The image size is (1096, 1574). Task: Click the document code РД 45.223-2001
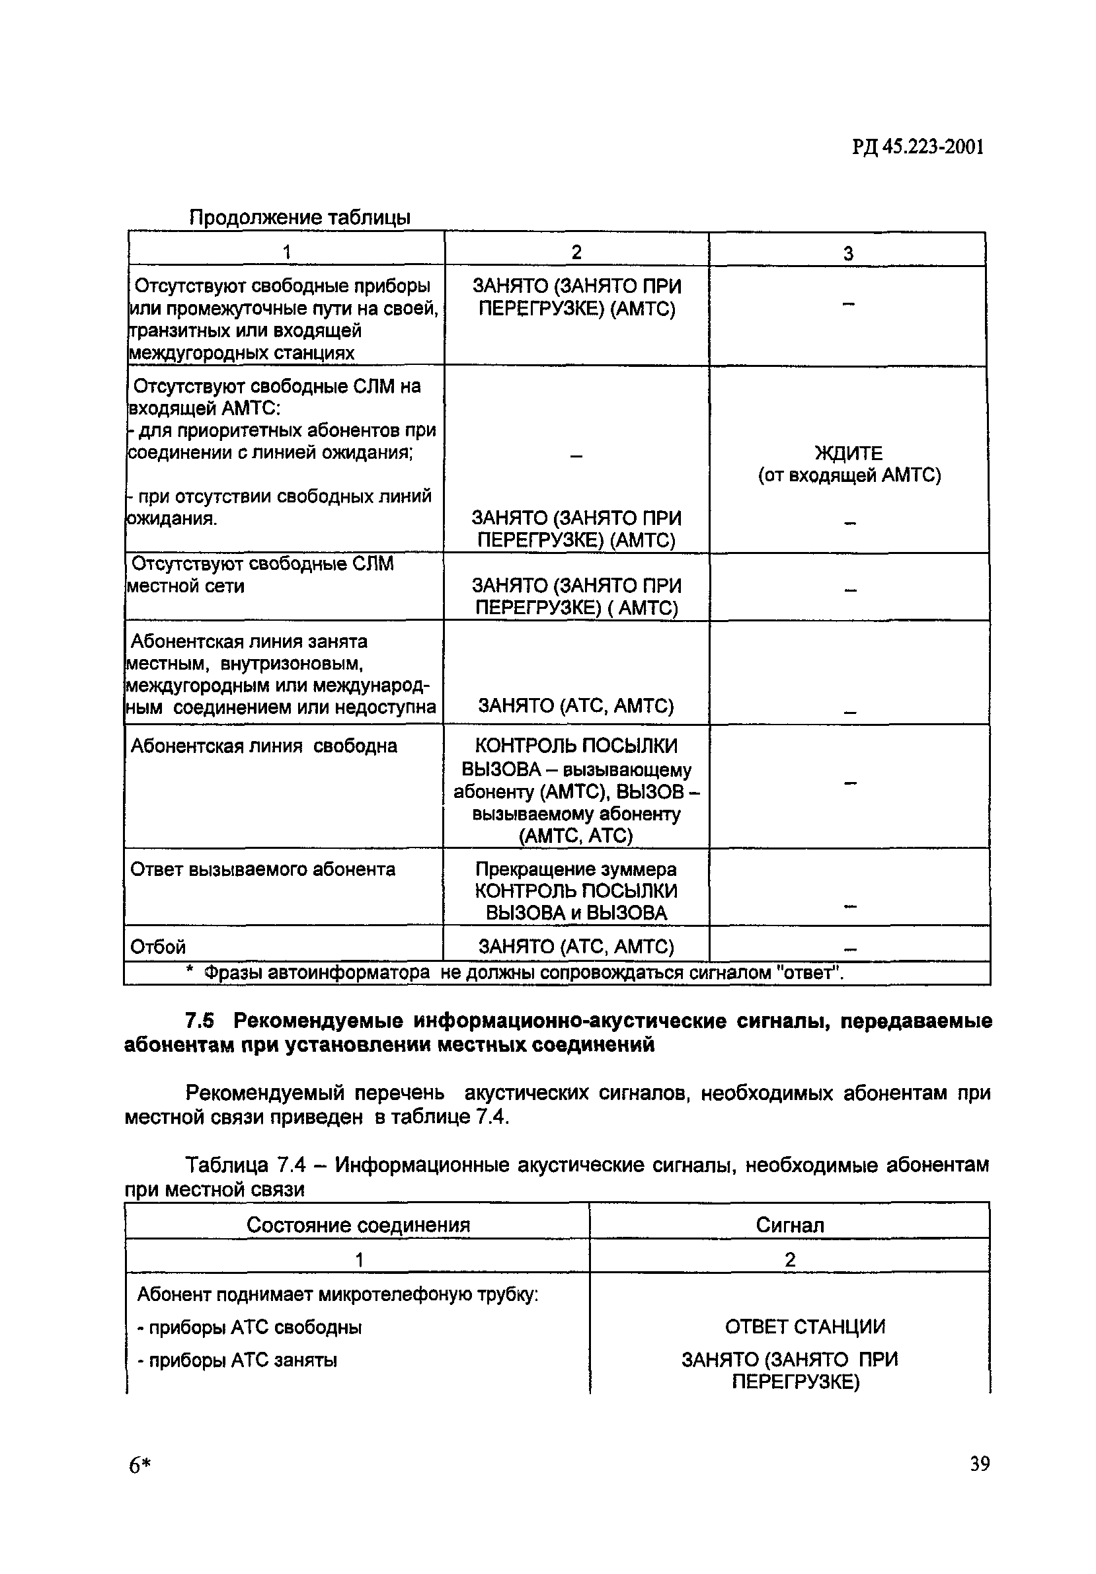(x=918, y=147)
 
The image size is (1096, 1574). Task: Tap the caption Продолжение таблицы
(x=299, y=217)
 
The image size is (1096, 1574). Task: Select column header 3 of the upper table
(x=848, y=254)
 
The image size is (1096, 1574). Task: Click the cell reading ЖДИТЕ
(x=849, y=453)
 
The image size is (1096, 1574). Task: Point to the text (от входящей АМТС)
(x=849, y=475)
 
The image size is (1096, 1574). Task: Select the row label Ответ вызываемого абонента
(x=262, y=869)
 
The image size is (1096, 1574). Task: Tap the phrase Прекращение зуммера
(x=576, y=869)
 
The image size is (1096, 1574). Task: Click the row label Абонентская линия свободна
(x=263, y=746)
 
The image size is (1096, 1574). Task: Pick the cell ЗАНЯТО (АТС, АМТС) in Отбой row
(x=576, y=947)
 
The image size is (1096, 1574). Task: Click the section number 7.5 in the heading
(x=200, y=1021)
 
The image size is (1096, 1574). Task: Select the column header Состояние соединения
(x=358, y=1225)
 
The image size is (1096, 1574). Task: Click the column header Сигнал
(x=790, y=1225)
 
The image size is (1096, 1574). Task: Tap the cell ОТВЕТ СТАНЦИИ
(x=804, y=1327)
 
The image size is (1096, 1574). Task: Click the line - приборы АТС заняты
(x=237, y=1360)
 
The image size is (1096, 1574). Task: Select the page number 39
(x=980, y=1464)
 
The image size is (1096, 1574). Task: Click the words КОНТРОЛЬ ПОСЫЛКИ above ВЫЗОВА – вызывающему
(x=576, y=746)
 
